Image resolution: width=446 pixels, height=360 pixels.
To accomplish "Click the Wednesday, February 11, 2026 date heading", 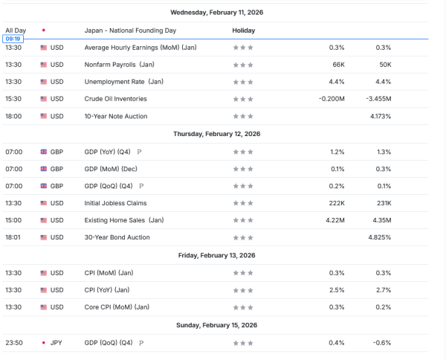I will [x=216, y=13].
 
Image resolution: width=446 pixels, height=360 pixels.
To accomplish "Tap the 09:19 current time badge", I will [x=13, y=38].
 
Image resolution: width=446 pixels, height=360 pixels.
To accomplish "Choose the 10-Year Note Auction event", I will [x=116, y=116].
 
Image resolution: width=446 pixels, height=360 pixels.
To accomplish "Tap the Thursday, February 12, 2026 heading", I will [x=216, y=134].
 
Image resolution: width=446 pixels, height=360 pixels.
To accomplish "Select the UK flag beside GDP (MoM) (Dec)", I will [x=43, y=169].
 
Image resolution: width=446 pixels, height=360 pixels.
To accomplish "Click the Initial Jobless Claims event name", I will [x=115, y=203].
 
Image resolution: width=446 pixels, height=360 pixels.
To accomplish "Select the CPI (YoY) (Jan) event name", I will [x=110, y=290].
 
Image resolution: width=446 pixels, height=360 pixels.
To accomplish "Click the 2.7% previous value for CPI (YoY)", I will [x=383, y=290].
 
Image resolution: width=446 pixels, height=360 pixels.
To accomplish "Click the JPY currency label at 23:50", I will [x=56, y=343].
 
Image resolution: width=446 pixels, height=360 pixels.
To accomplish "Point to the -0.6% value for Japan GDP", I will [x=381, y=343].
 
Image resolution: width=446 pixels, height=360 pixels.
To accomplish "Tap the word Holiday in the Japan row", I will [x=244, y=30].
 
